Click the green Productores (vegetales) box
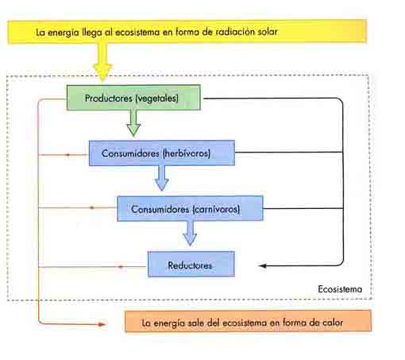[133, 98]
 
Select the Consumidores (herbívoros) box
[162, 153]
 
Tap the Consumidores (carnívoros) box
[191, 209]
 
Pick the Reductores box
[191, 265]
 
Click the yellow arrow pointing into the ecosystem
[102, 62]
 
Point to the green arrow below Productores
[133, 123]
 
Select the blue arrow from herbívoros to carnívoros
[161, 178]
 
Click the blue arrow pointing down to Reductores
[190, 234]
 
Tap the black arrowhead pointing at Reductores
[263, 265]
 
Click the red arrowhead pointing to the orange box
[102, 324]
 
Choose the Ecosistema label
[340, 289]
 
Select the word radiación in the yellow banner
[233, 32]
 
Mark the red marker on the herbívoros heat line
[67, 155]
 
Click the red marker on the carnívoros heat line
[92, 207]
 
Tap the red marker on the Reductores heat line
[121, 267]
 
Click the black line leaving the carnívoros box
[303, 208]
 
